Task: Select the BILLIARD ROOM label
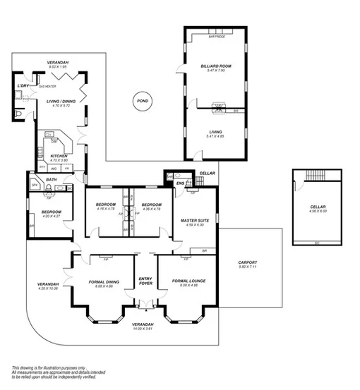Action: coord(216,66)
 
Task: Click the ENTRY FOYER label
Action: coord(145,281)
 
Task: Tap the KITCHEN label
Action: coord(59,156)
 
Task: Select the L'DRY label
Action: coord(23,86)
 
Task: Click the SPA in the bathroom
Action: coord(34,185)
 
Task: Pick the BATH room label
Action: coord(52,180)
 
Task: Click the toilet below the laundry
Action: coord(18,113)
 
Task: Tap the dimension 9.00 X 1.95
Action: coord(56,67)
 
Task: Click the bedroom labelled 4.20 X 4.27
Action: coord(52,214)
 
